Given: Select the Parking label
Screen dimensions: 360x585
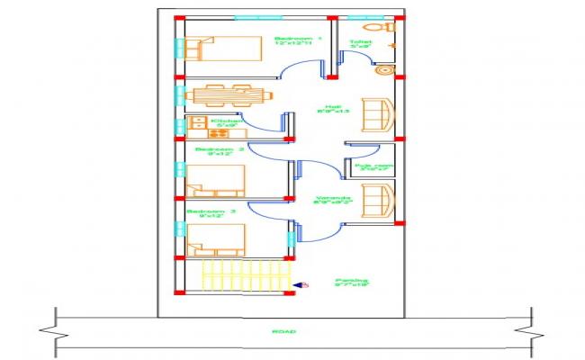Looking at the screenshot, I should (352, 283).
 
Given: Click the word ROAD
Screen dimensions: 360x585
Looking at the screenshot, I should (283, 332).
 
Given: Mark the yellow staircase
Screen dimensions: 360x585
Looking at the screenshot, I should (247, 276).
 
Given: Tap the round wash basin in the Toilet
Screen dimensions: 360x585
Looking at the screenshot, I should (384, 69).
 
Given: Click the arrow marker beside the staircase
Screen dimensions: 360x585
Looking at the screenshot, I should (300, 284).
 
